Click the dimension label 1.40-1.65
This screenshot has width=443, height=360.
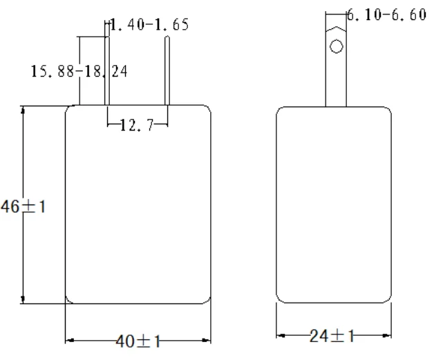[x=149, y=26]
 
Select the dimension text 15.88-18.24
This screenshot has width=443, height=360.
[x=79, y=70]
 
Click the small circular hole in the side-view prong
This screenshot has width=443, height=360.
[x=336, y=47]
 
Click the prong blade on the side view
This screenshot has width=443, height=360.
[x=336, y=76]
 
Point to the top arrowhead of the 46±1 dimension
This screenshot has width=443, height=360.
[x=24, y=110]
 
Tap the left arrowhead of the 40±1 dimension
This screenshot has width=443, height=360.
[x=69, y=339]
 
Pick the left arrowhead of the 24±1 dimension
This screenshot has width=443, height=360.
[x=281, y=336]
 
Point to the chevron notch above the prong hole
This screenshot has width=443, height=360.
[x=336, y=30]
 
